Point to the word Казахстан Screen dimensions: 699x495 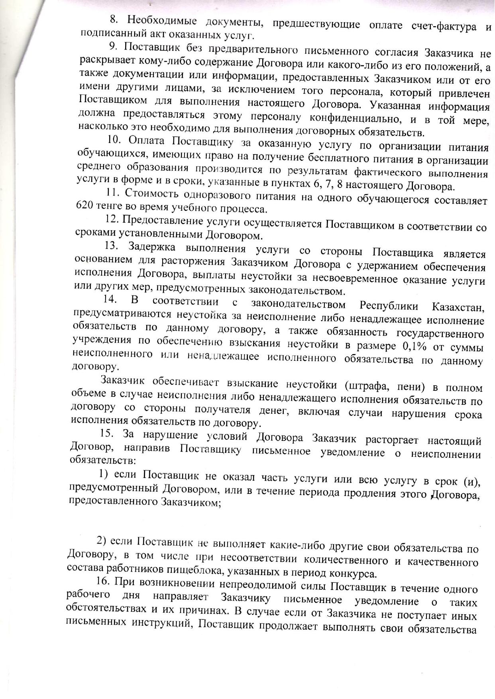(458, 307)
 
